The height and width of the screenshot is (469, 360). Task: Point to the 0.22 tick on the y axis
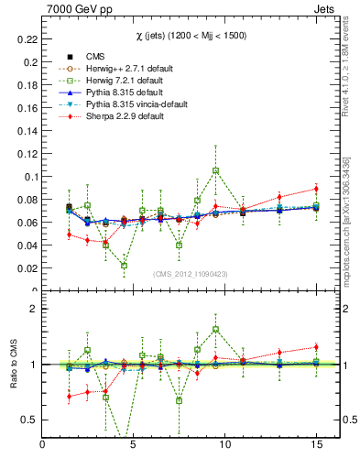(x=26, y=39)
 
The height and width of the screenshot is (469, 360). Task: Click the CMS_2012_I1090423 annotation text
(x=190, y=275)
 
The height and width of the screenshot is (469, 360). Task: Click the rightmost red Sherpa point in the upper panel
(x=315, y=189)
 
